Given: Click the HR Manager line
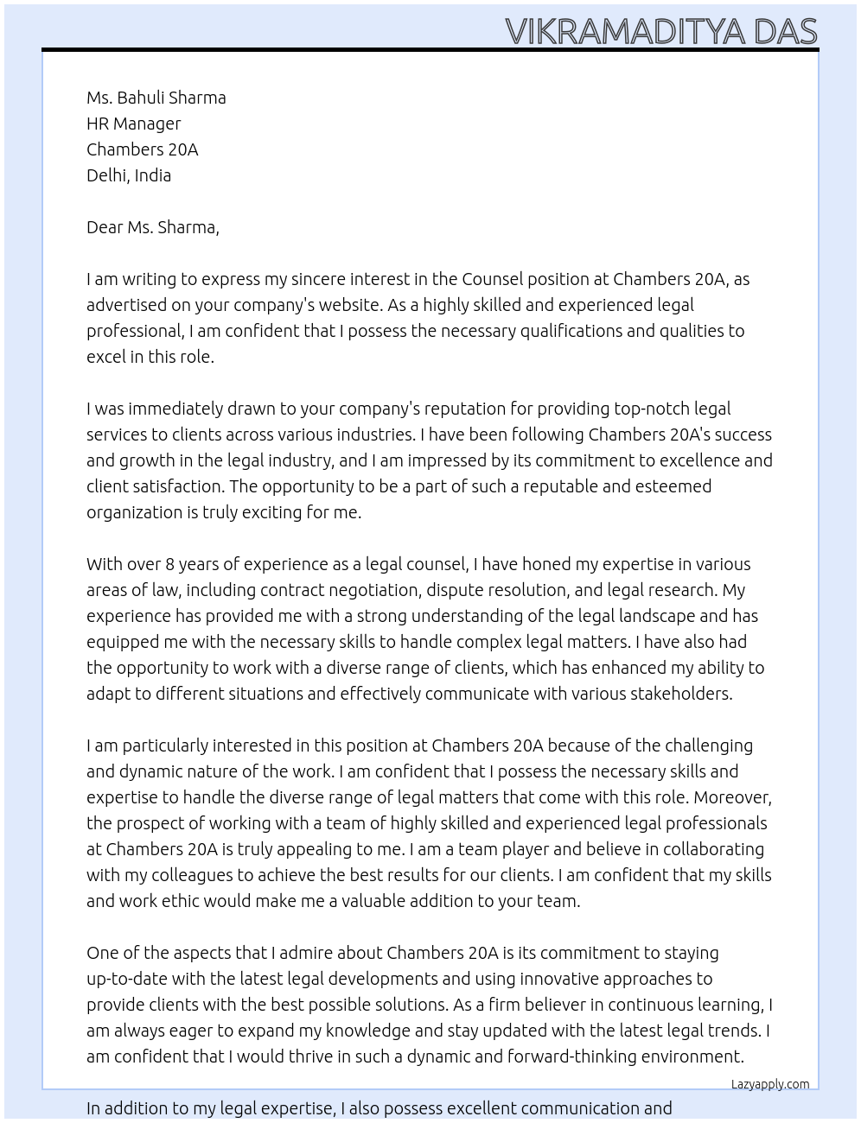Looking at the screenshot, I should [134, 124].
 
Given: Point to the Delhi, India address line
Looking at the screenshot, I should [129, 175].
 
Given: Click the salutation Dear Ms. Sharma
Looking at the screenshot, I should [153, 227].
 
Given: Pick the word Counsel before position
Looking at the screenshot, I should [492, 279].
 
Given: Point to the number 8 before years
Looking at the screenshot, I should [170, 564].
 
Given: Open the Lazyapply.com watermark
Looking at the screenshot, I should [770, 1084].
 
